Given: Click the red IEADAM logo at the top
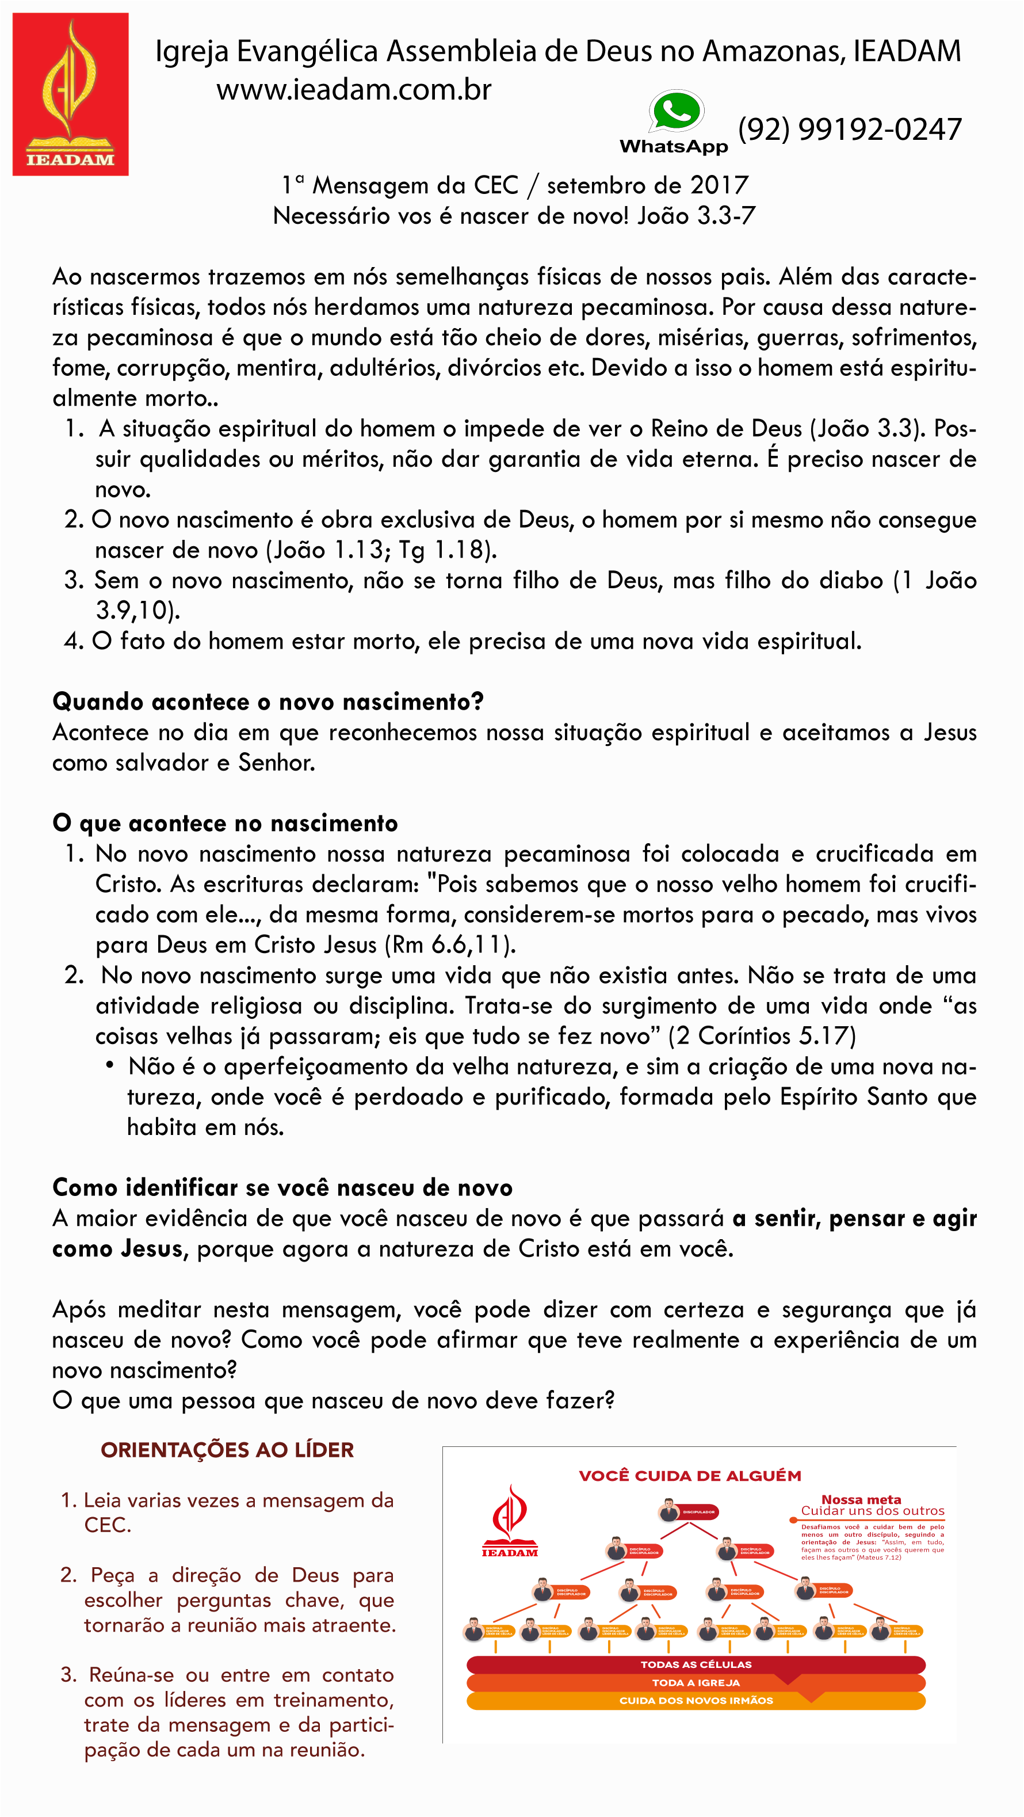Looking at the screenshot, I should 71,94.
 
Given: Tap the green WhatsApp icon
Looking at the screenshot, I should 675,112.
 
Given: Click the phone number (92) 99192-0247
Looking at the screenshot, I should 850,129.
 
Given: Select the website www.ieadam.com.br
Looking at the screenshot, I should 353,90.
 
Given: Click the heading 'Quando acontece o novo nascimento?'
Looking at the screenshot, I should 268,702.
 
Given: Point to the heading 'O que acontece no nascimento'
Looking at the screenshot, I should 225,823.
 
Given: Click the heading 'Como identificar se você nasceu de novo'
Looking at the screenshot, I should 282,1187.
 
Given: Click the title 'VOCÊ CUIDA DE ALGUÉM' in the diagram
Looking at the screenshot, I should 690,1476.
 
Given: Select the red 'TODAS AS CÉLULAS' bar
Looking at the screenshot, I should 696,1664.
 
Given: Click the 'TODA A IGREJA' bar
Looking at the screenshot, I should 696,1682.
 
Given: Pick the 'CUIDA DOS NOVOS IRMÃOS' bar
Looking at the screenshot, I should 696,1701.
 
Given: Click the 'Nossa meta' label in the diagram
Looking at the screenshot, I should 861,1500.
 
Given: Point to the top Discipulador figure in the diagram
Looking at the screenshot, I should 668,1511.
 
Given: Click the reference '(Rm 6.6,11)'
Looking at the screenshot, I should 450,944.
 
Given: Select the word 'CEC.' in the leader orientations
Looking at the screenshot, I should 107,1525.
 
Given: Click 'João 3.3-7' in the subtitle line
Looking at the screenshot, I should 696,215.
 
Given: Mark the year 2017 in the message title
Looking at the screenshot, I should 719,185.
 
